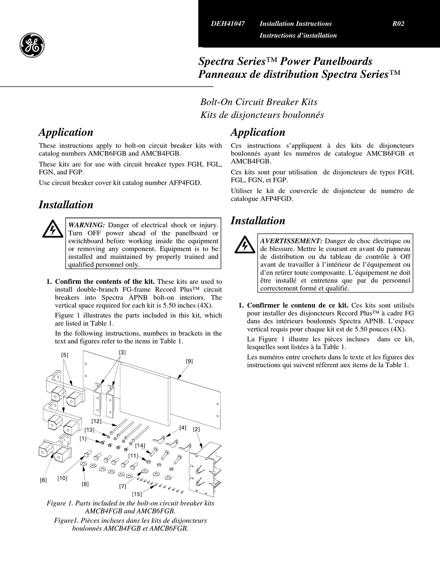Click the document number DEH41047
click(228, 24)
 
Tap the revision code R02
click(398, 24)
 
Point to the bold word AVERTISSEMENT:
click(291, 241)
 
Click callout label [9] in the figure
click(189, 361)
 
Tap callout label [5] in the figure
click(64, 355)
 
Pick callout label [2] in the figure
click(196, 429)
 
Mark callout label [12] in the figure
click(96, 421)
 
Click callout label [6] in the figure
click(43, 480)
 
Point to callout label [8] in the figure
click(85, 484)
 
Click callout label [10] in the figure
click(63, 478)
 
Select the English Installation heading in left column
click(66, 205)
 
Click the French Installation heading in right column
click(258, 221)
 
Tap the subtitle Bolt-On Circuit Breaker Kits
click(258, 102)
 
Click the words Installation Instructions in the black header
click(295, 24)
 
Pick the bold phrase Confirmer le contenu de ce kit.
click(297, 306)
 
